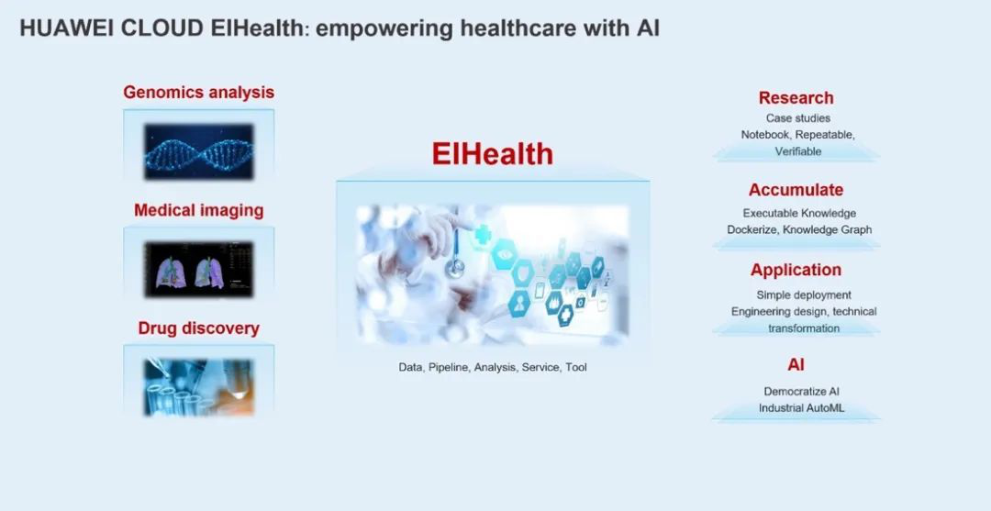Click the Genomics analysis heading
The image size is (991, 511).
pyautogui.click(x=198, y=93)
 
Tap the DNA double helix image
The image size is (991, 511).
pyautogui.click(x=198, y=151)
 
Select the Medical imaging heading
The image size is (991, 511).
pyautogui.click(x=198, y=210)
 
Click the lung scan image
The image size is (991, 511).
pyautogui.click(x=198, y=269)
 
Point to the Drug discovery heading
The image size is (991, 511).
pyautogui.click(x=198, y=328)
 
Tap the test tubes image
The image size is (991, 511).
pyautogui.click(x=198, y=386)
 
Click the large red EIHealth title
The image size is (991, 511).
pyautogui.click(x=493, y=153)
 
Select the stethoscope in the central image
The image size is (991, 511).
pyautogui.click(x=455, y=252)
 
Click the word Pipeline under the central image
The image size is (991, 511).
pyautogui.click(x=449, y=367)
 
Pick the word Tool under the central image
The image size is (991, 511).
pyautogui.click(x=575, y=367)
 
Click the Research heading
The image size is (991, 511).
pyautogui.click(x=796, y=98)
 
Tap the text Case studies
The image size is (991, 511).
pyautogui.click(x=797, y=118)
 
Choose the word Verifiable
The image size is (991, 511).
pyautogui.click(x=798, y=151)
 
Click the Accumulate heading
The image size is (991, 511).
pyautogui.click(x=796, y=190)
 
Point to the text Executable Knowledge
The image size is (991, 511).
pyautogui.click(x=799, y=214)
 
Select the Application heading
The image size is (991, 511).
pyautogui.click(x=796, y=271)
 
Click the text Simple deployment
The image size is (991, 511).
pyautogui.click(x=803, y=295)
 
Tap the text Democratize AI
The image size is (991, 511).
pyautogui.click(x=801, y=392)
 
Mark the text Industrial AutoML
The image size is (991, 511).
pyautogui.click(x=801, y=408)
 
